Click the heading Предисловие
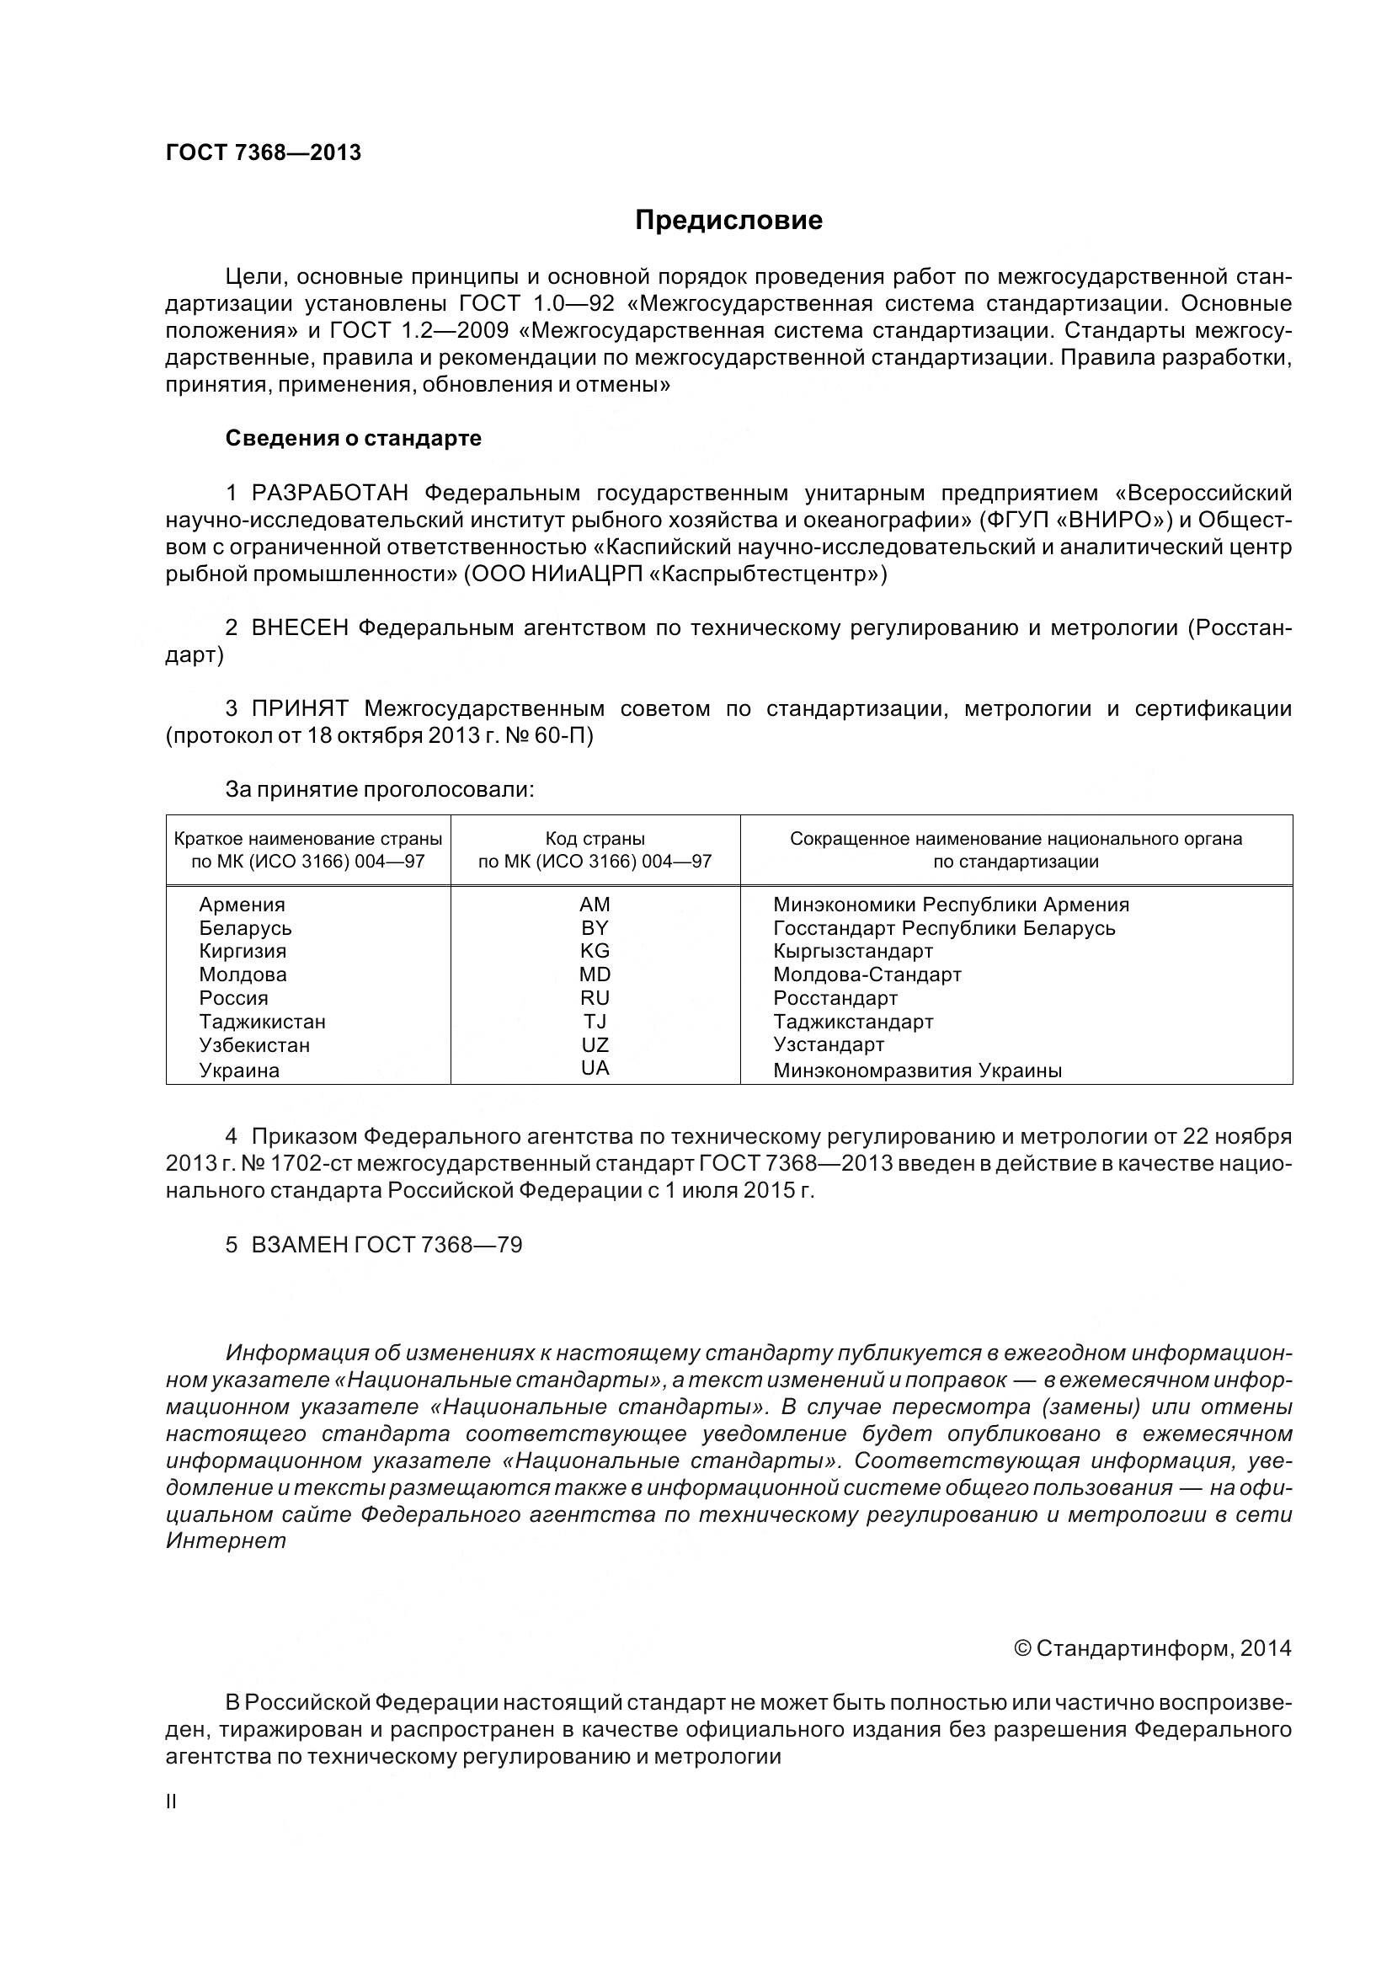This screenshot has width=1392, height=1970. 728,221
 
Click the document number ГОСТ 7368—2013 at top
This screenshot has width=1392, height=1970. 264,152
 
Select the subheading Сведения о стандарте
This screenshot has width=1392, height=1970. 354,439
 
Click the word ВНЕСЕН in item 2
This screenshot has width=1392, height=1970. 299,628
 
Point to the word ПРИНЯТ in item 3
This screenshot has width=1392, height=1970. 299,708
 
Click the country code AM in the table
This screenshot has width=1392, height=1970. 595,905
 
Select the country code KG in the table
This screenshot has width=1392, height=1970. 595,951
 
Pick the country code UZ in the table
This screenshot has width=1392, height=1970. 595,1045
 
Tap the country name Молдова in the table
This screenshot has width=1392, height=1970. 243,974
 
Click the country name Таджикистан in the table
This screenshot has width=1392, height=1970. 263,1022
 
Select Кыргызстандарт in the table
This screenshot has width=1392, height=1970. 852,951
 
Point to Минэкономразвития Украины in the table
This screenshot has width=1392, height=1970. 917,1070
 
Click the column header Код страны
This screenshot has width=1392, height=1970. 595,838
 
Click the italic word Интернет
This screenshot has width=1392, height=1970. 226,1540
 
